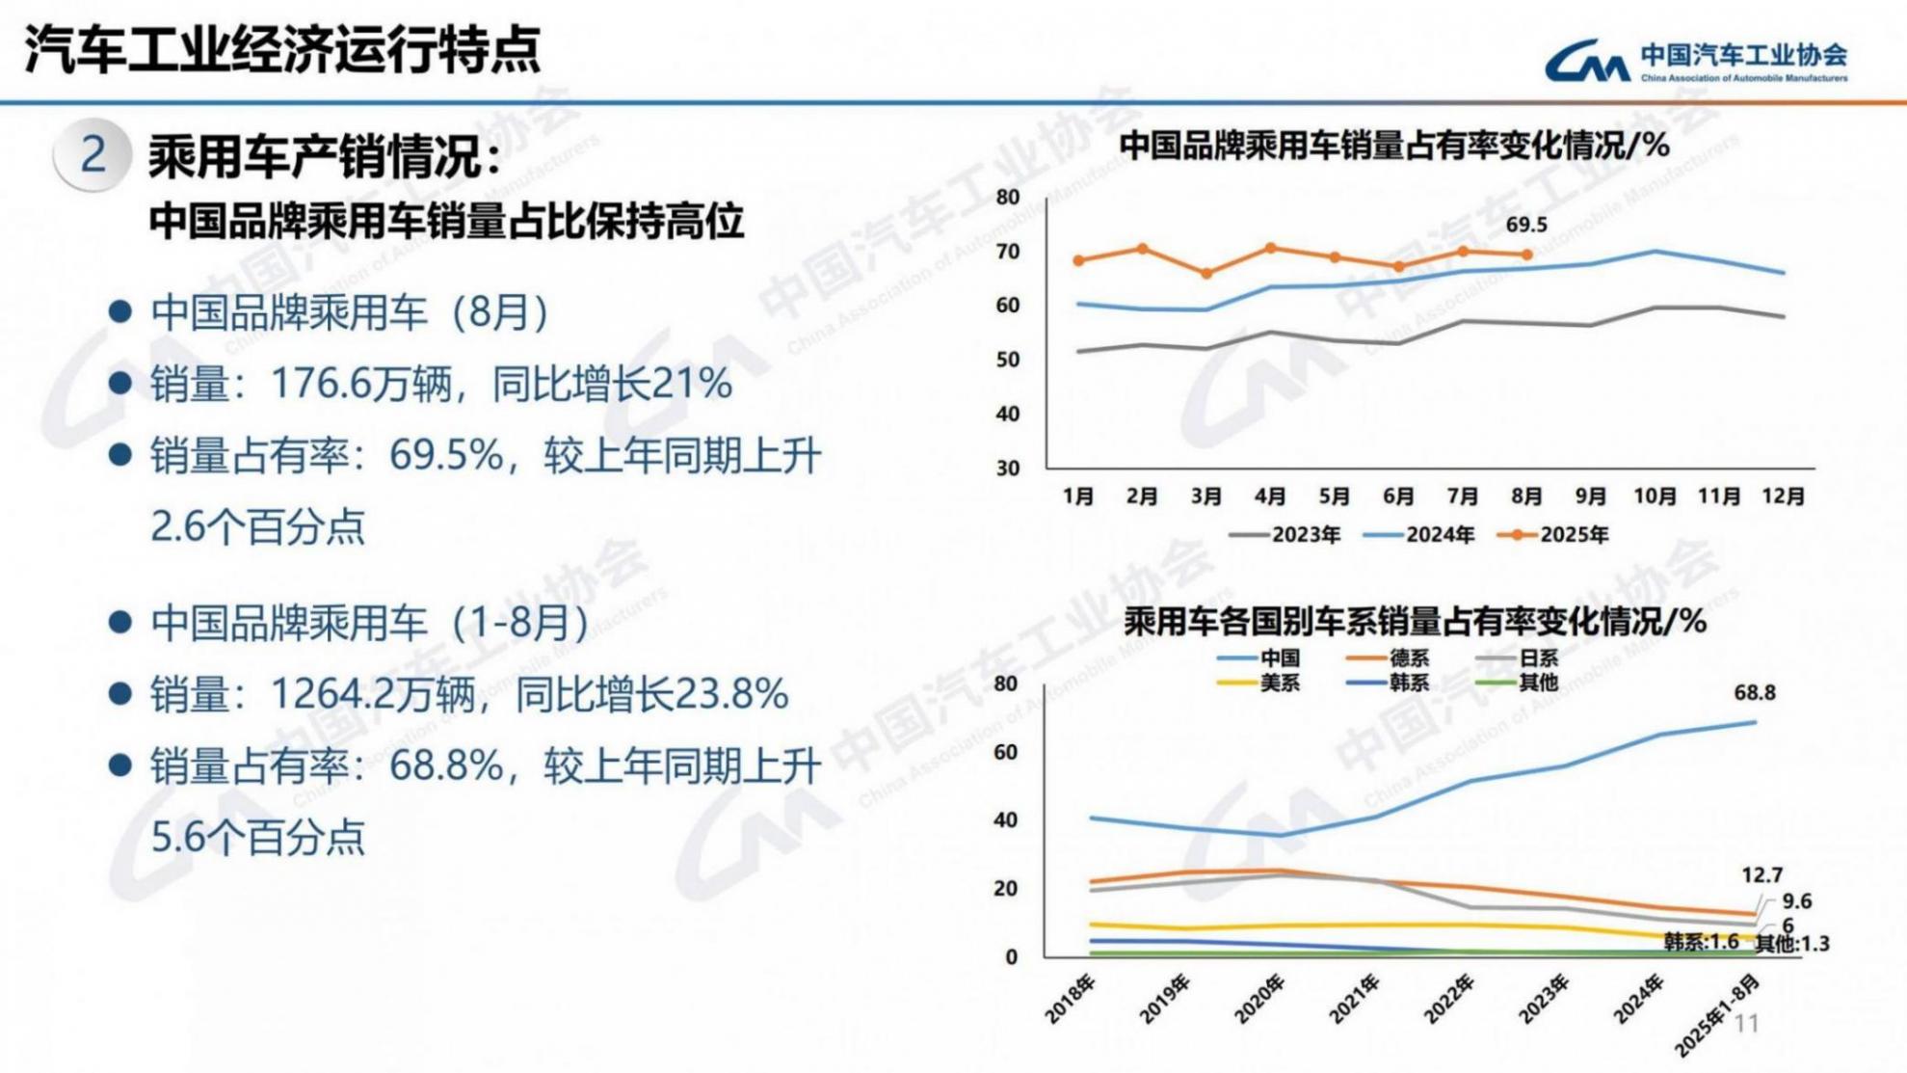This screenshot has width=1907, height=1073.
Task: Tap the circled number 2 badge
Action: [x=93, y=154]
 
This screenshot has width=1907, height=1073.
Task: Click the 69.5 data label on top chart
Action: [x=1525, y=225]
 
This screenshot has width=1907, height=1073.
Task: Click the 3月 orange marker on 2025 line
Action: [x=1206, y=274]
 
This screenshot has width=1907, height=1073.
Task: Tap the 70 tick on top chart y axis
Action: [x=1008, y=252]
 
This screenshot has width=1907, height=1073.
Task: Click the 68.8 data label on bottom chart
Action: [x=1754, y=693]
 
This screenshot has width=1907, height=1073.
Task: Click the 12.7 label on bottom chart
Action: [x=1761, y=875]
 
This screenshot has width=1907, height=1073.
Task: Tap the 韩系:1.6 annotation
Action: [x=1701, y=942]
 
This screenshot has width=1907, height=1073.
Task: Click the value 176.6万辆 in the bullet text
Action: [x=361, y=385]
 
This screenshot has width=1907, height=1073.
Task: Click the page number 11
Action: [x=1746, y=1024]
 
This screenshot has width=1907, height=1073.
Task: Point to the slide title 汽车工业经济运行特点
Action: [x=281, y=49]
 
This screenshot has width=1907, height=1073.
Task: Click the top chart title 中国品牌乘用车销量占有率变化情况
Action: [x=1393, y=147]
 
